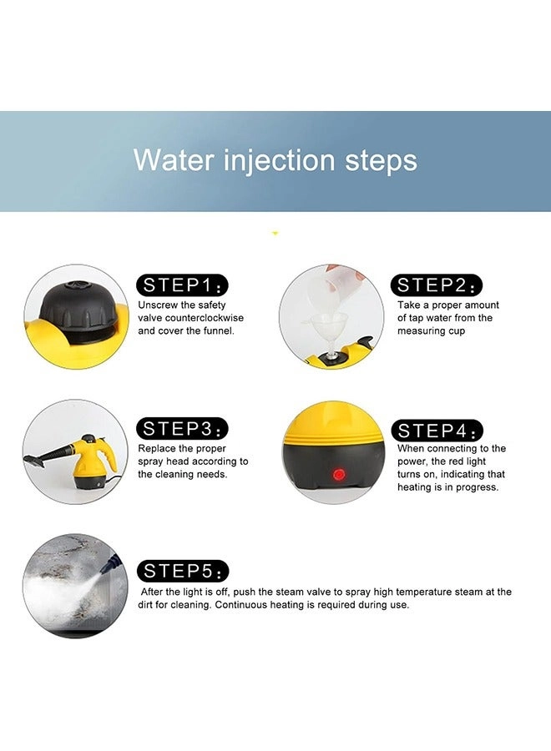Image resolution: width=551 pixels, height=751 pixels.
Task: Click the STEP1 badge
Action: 182,285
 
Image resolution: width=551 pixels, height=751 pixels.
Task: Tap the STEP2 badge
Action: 437,285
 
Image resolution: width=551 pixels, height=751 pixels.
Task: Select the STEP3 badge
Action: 182,429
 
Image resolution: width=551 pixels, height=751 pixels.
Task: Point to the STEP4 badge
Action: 437,431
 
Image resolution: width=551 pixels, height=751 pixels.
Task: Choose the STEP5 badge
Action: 183,571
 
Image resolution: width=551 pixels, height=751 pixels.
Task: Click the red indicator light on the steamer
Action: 339,475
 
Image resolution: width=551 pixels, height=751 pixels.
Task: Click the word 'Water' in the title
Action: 173,160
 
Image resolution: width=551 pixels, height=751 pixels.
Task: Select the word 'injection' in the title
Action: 279,161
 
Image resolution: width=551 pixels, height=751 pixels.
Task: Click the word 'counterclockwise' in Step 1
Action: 204,318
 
